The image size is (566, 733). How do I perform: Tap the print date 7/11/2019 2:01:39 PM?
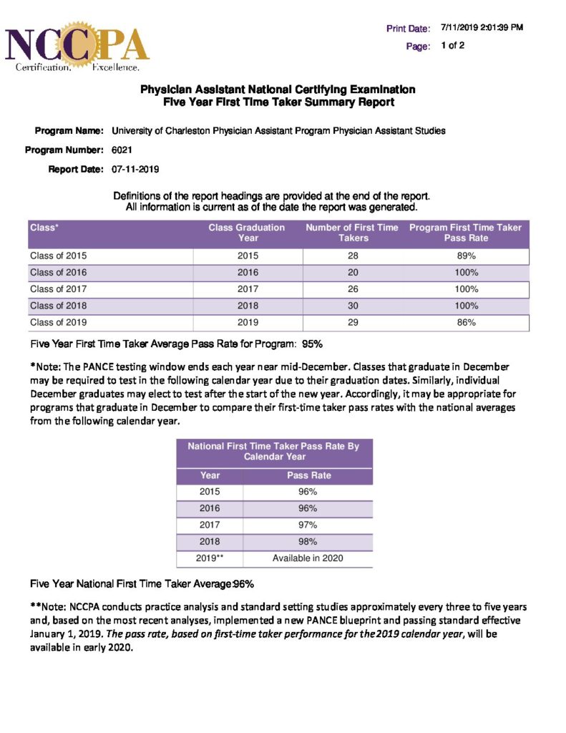coord(482,28)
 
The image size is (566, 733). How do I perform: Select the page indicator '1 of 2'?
coord(453,46)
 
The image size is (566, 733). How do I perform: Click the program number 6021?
coord(122,150)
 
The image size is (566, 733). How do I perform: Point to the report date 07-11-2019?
coord(135,170)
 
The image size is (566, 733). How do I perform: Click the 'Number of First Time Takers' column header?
coord(352,233)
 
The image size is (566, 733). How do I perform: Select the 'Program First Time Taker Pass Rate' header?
coord(465,233)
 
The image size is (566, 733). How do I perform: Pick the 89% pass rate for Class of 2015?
coord(466,256)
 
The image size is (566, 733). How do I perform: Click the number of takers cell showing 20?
coord(352,273)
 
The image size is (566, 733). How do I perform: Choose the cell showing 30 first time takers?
coord(352,306)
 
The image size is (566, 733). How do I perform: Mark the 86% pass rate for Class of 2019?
coord(466,323)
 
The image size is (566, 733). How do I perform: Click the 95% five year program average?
coord(313,344)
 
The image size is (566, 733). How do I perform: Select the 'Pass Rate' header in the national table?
coord(308,475)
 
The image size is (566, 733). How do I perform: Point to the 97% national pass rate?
coord(308,525)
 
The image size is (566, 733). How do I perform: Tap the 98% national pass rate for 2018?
coord(308,542)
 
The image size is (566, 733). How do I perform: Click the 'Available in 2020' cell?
coord(308,558)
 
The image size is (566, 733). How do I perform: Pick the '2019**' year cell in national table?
coord(210,558)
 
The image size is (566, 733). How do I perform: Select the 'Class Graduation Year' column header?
coord(247,233)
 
